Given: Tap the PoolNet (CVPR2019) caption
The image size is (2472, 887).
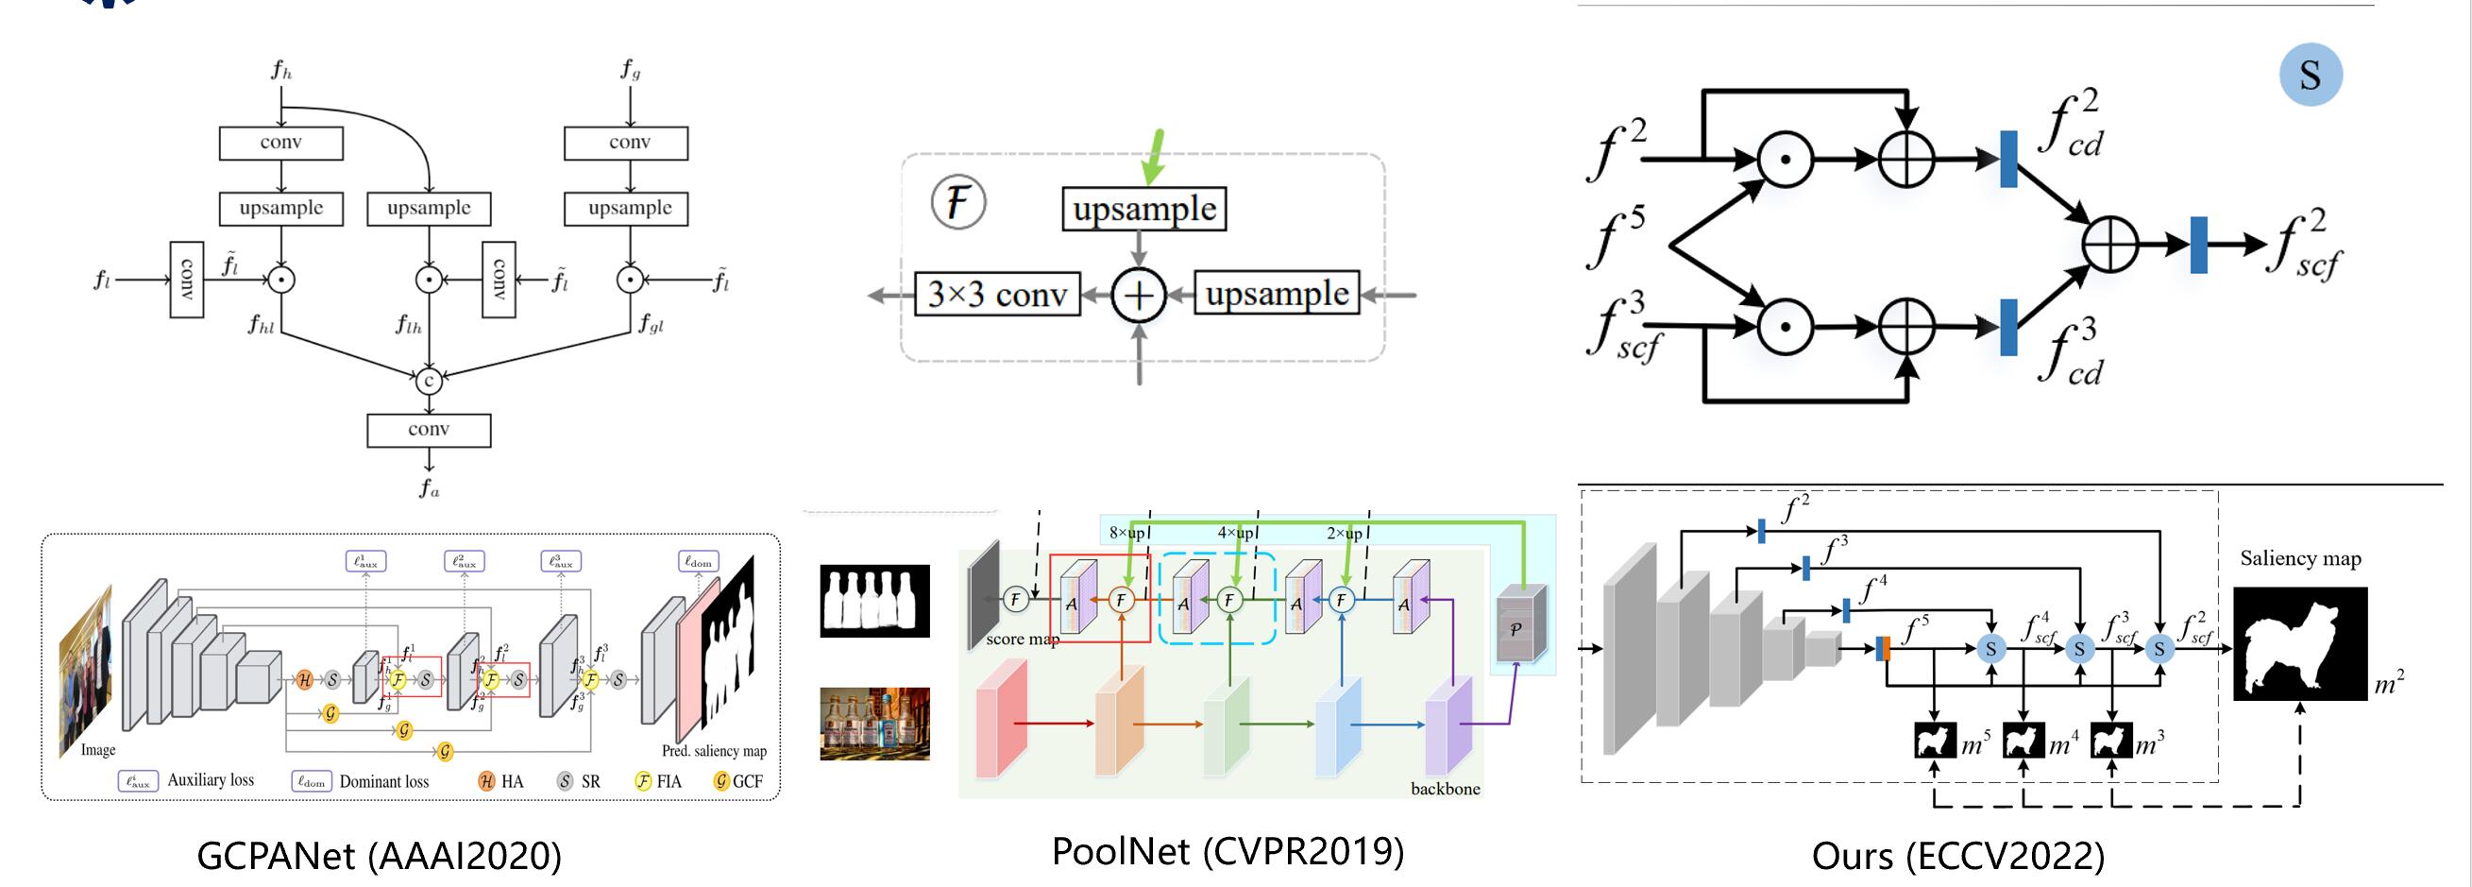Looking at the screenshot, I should pyautogui.click(x=1228, y=851).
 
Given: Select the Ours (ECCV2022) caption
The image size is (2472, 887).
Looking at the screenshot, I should pyautogui.click(x=1957, y=856).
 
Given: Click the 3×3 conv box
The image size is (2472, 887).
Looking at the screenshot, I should pyautogui.click(x=997, y=294).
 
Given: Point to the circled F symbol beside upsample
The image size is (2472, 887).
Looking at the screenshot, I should pyautogui.click(x=957, y=202).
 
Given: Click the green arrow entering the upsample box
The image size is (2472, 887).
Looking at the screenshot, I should pyautogui.click(x=1155, y=157).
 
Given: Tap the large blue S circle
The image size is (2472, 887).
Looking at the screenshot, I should pyautogui.click(x=2310, y=75).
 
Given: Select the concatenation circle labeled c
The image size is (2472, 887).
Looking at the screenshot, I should pyautogui.click(x=429, y=380).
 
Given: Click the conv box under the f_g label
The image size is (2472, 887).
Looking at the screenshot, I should pyautogui.click(x=630, y=143).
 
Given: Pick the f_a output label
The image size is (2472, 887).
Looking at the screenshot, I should pyautogui.click(x=429, y=488).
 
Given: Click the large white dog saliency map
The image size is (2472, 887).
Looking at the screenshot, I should pyautogui.click(x=2299, y=643).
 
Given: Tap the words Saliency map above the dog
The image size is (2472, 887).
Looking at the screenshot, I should pyautogui.click(x=2300, y=558).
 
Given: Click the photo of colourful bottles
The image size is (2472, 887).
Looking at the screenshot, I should pyautogui.click(x=874, y=724).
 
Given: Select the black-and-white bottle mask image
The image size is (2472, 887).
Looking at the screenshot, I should pyautogui.click(x=874, y=601).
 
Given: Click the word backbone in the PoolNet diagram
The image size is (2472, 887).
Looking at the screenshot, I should pyautogui.click(x=1445, y=789).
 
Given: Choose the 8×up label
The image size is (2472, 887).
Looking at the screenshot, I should pyautogui.click(x=1126, y=533).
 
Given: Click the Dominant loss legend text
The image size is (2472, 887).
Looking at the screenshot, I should pyautogui.click(x=384, y=781).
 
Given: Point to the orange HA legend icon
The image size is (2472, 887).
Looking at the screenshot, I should pyautogui.click(x=486, y=781).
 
